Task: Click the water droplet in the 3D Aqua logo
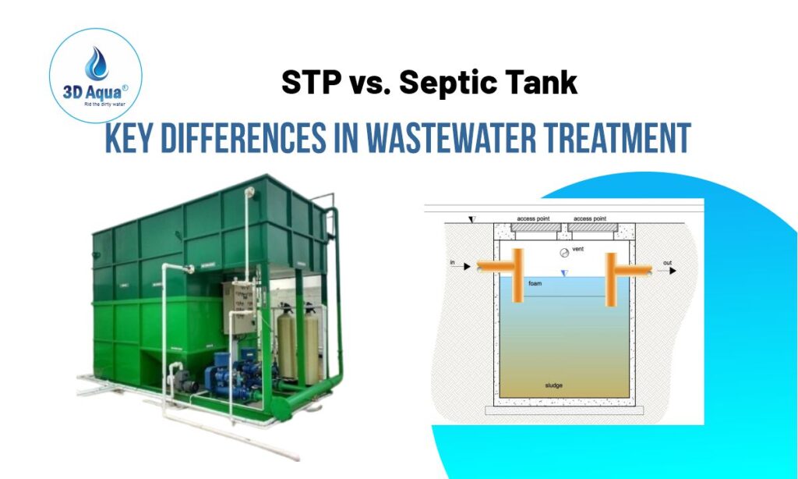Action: [x=97, y=65]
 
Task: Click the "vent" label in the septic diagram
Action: [x=578, y=250]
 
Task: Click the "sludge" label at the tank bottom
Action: [x=555, y=386]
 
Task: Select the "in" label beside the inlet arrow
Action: [x=452, y=263]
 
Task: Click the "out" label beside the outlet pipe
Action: [x=667, y=263]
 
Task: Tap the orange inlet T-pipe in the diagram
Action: [x=515, y=274]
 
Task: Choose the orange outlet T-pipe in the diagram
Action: [x=612, y=274]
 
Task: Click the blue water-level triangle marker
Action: [x=565, y=272]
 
